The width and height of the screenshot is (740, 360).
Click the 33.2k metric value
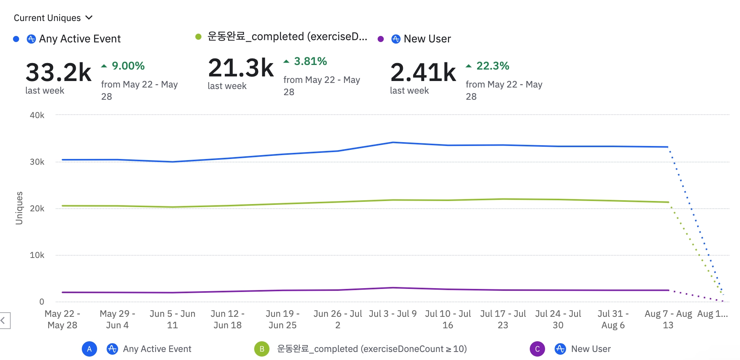tap(58, 72)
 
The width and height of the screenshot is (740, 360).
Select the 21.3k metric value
tap(241, 68)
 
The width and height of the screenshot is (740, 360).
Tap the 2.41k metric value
tap(423, 72)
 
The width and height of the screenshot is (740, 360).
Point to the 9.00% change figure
tap(128, 66)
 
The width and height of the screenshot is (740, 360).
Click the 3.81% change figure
tap(310, 61)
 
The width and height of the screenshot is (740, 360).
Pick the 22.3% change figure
tap(492, 66)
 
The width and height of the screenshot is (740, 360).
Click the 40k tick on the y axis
tap(37, 115)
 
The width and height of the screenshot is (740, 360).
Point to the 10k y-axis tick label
tap(37, 255)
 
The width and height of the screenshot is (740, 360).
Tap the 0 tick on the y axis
tap(42, 302)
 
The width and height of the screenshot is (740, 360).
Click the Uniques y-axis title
tap(19, 208)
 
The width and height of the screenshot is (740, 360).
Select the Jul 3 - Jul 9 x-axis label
tap(393, 314)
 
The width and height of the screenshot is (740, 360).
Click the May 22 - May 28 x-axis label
tap(62, 319)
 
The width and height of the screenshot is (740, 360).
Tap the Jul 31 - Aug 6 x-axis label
tap(613, 319)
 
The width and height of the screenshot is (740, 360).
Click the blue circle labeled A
tap(89, 349)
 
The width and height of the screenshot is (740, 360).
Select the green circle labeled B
tap(262, 349)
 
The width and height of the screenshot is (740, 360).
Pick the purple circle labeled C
tap(537, 349)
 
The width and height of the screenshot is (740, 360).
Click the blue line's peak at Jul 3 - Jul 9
tap(393, 143)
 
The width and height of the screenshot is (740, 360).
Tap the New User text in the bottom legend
tap(591, 349)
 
